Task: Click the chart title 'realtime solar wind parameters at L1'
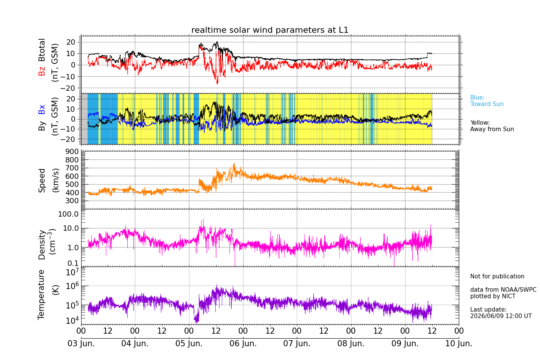[x=270, y=30]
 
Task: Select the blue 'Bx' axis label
[x=42, y=109]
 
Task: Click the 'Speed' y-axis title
[x=42, y=180]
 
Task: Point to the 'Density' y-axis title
[x=42, y=245]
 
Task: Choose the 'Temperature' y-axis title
[x=41, y=295]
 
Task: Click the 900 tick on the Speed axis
[x=72, y=152]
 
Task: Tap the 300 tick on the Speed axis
[x=72, y=201]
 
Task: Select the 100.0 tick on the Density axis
[x=68, y=214]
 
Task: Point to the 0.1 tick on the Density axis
[x=73, y=263]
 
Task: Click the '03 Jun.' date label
[x=81, y=343]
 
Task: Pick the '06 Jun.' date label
[x=243, y=343]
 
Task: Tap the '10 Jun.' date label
[x=459, y=343]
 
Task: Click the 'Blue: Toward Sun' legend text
[x=487, y=101]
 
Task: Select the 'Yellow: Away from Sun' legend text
[x=492, y=126]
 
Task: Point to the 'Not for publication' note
[x=497, y=276]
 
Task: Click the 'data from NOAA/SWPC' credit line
[x=503, y=290]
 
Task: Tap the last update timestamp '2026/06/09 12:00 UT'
[x=501, y=316]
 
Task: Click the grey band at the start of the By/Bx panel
[x=84, y=119]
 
